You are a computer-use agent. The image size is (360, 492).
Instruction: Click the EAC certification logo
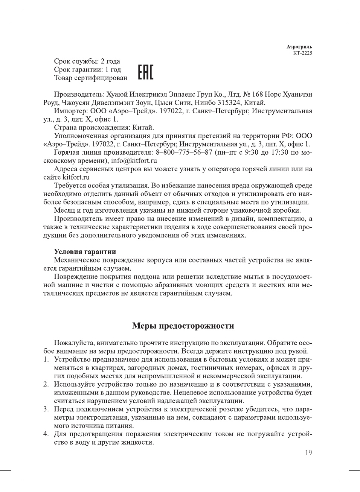tap(145, 72)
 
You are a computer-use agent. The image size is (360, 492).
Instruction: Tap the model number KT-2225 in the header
tap(302, 53)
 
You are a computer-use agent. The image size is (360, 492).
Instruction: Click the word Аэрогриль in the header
tap(299, 47)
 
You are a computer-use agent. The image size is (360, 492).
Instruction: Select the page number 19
tap(308, 453)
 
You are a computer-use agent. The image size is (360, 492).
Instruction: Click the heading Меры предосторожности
tap(183, 326)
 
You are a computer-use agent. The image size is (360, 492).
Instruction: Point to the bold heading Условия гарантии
tap(85, 252)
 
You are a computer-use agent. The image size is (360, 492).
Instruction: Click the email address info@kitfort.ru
tap(134, 161)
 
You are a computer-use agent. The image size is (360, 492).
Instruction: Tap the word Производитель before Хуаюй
tap(79, 94)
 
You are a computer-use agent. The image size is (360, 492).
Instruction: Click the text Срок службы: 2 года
tap(87, 61)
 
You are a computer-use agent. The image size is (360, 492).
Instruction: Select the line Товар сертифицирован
tap(90, 78)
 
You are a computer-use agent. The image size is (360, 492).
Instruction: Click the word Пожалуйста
tap(74, 343)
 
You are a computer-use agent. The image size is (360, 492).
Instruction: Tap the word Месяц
tap(64, 210)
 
